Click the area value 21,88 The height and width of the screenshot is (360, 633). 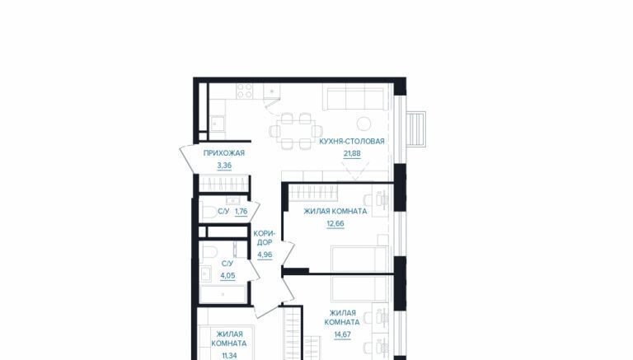(352, 153)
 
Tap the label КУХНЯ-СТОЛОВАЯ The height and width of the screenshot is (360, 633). (352, 141)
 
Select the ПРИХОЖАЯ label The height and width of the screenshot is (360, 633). (224, 153)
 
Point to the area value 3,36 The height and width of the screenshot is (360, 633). (224, 165)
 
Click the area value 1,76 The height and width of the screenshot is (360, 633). (241, 211)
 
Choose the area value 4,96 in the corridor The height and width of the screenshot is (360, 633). (265, 255)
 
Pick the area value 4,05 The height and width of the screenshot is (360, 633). (227, 276)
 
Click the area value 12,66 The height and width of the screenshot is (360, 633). (335, 223)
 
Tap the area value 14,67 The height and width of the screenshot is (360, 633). (342, 334)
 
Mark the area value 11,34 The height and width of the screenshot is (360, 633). (228, 356)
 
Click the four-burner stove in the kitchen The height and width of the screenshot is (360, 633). (245, 91)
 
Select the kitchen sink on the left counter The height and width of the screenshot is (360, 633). (218, 123)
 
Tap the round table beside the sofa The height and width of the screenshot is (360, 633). (363, 124)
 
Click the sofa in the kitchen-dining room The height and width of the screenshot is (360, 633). (355, 97)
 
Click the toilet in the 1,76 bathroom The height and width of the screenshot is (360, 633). (210, 212)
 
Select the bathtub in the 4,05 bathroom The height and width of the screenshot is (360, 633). (223, 293)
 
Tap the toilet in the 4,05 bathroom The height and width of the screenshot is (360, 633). (210, 251)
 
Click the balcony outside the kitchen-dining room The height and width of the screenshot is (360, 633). (415, 129)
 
